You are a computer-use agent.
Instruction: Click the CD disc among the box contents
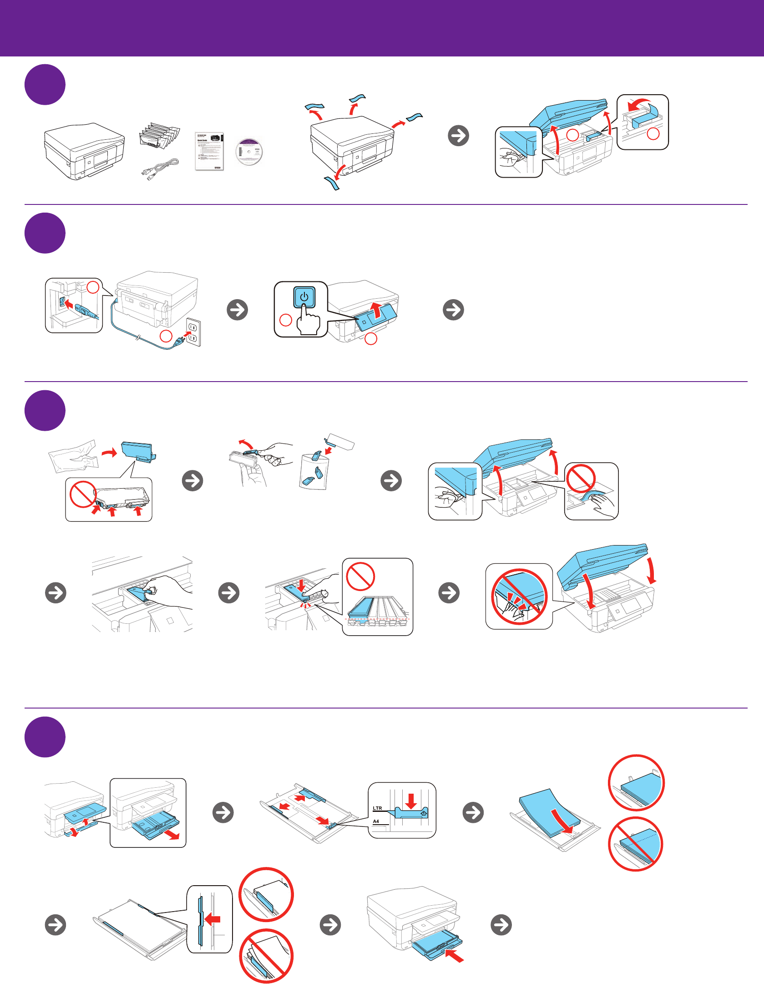tap(249, 151)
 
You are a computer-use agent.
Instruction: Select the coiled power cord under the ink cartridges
tap(159, 168)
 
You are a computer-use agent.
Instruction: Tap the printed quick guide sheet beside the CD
tap(209, 151)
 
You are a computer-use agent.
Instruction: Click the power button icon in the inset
tap(304, 297)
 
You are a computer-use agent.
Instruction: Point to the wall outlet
tap(193, 333)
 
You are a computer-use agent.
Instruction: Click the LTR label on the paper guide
tap(377, 808)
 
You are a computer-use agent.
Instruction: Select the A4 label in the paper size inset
tap(376, 821)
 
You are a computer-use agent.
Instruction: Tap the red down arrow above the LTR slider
tap(411, 800)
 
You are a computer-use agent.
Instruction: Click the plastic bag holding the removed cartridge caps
tap(314, 471)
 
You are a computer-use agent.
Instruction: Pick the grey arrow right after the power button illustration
tap(453, 310)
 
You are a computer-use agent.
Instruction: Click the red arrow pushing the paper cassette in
tap(455, 955)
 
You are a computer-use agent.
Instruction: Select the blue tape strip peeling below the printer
tap(332, 183)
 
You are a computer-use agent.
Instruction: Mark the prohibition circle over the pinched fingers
tap(518, 597)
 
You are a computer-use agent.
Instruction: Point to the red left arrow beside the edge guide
tap(213, 919)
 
